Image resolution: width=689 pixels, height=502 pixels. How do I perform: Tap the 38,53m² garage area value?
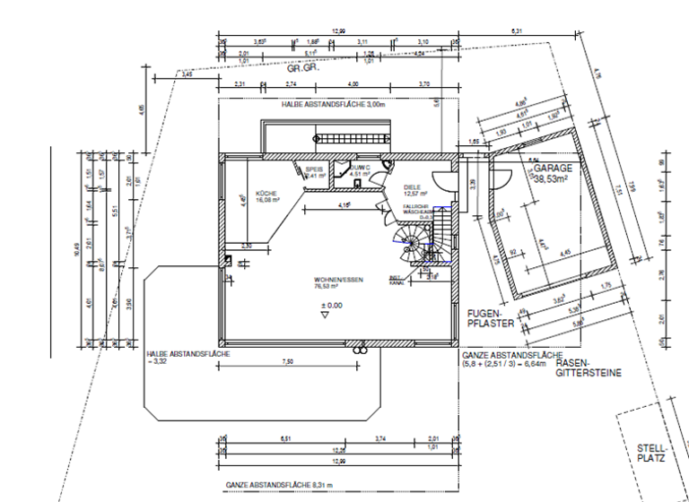tap(554, 179)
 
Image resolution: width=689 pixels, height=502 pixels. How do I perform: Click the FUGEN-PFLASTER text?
tap(488, 317)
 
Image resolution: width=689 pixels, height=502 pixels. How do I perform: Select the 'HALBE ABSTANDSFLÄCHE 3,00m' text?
tap(333, 105)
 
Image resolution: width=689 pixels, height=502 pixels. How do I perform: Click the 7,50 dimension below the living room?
tap(287, 361)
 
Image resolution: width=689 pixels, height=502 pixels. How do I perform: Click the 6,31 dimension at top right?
tap(517, 31)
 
